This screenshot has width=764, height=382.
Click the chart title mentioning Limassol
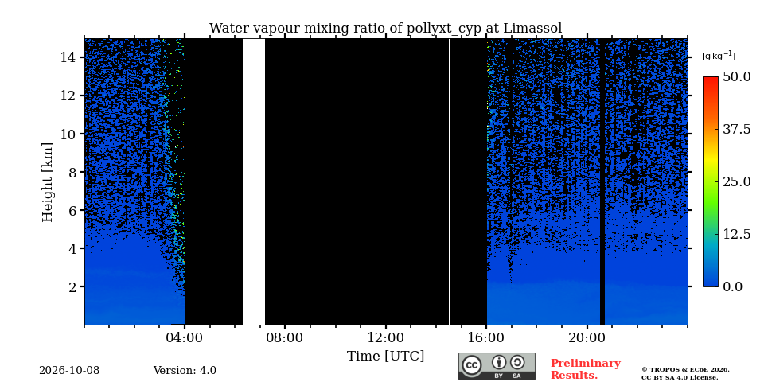click(385, 29)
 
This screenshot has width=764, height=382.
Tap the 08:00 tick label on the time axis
click(286, 337)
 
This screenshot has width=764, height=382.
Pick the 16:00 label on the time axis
click(487, 337)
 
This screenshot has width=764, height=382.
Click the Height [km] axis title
click(47, 182)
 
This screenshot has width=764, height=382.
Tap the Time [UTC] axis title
click(385, 357)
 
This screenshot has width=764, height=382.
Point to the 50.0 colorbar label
click(736, 76)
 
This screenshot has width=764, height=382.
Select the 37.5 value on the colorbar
click(736, 129)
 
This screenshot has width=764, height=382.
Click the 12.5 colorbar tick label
click(736, 234)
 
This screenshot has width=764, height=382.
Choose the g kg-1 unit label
click(719, 56)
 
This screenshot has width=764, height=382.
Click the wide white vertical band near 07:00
click(254, 181)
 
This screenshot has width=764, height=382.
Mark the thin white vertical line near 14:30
click(449, 181)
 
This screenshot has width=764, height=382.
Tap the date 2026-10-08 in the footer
click(69, 371)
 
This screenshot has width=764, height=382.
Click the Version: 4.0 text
click(185, 371)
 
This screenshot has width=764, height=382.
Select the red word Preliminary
click(586, 364)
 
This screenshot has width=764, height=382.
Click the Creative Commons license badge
click(497, 366)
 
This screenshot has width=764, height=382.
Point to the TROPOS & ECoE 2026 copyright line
click(685, 370)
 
